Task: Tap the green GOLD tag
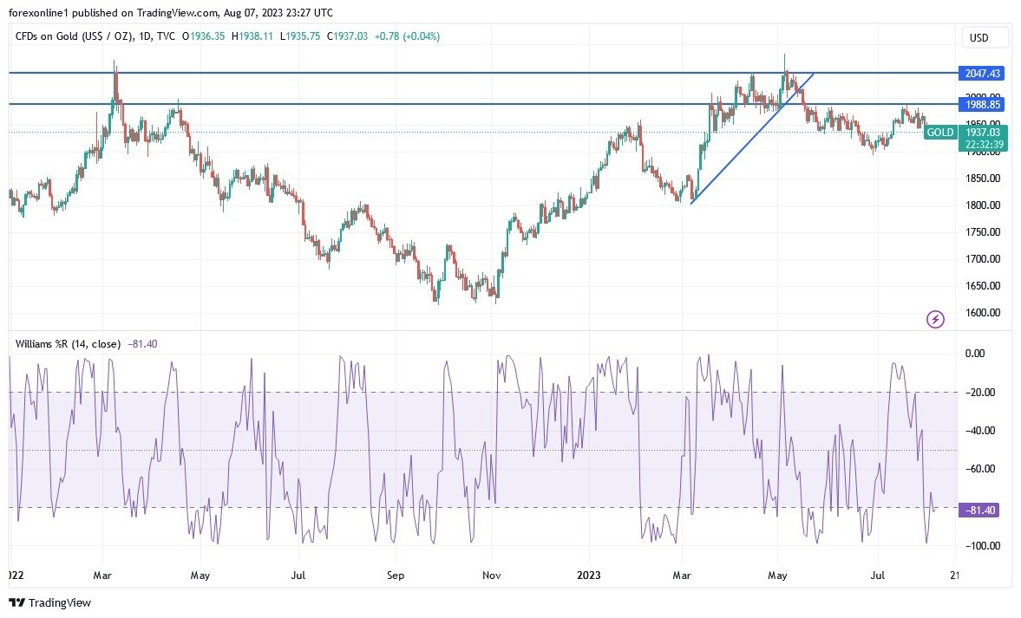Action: pos(939,133)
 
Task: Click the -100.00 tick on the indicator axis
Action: pos(980,546)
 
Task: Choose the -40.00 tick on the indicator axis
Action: pos(980,431)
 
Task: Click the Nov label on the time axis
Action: pos(491,575)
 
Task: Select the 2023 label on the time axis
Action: pos(588,575)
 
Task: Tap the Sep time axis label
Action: pos(396,575)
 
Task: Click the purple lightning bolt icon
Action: pos(935,320)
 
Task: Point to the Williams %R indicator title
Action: pos(69,344)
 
